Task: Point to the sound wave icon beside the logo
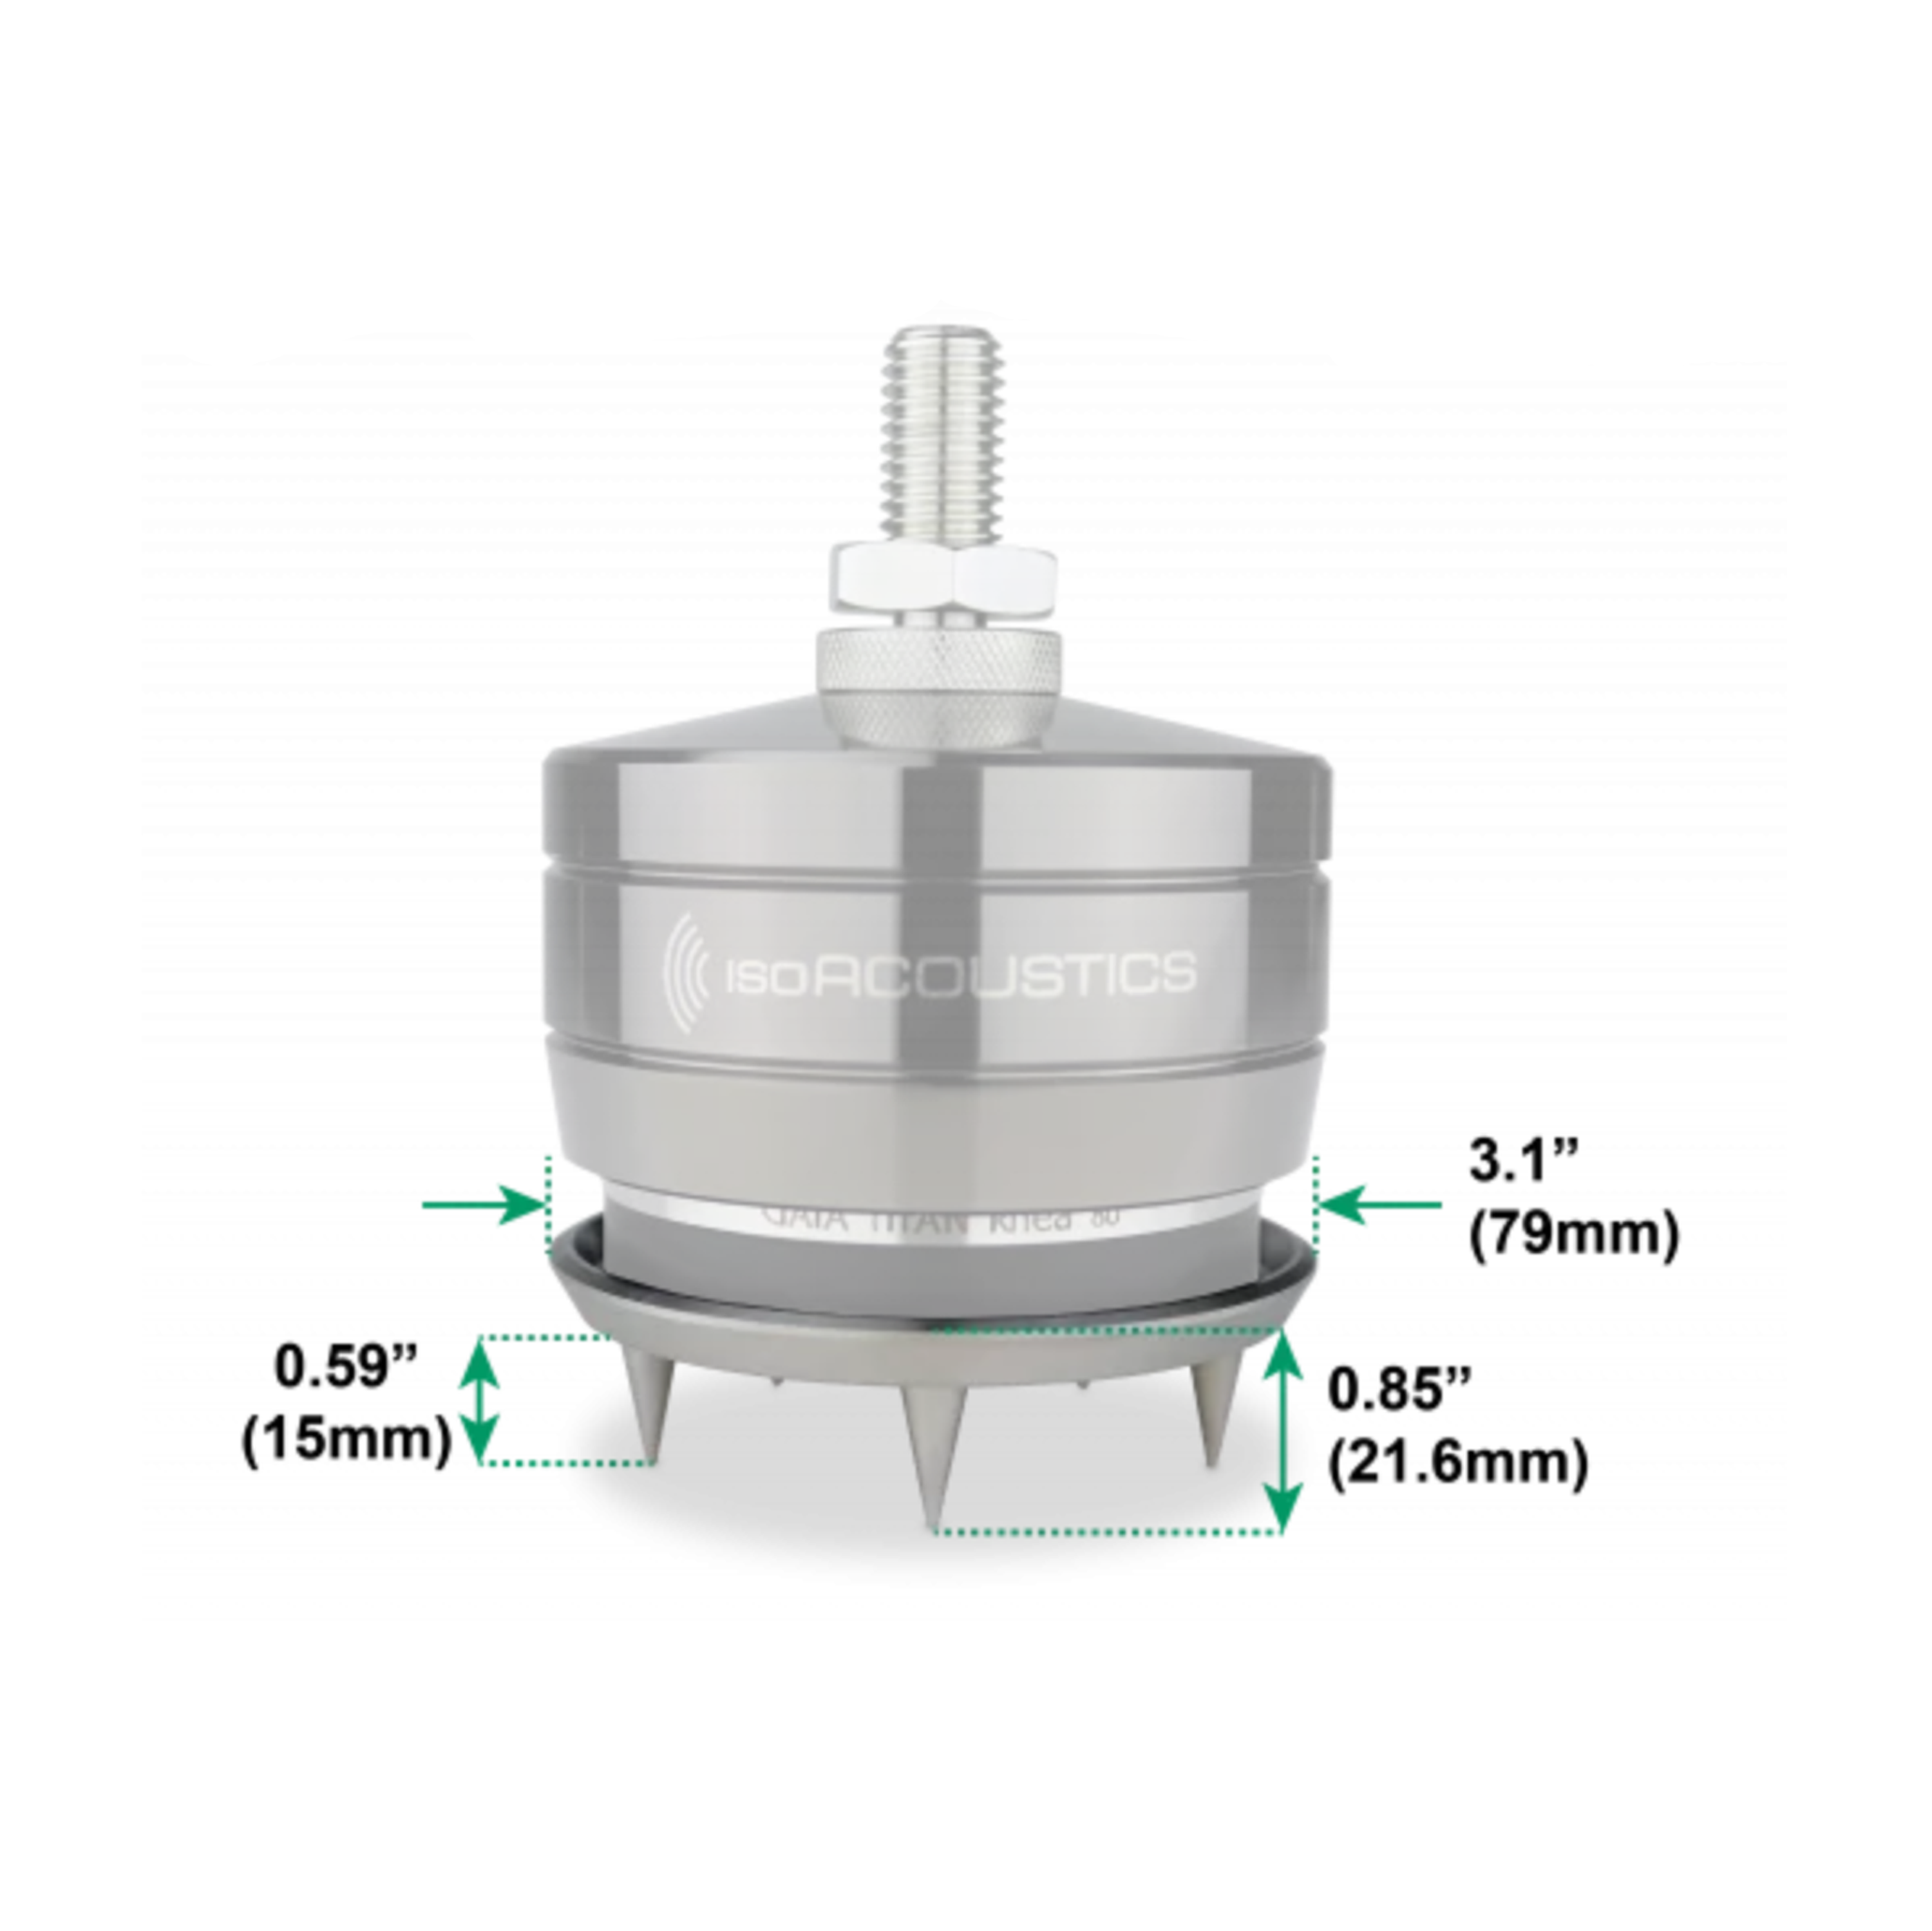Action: [x=688, y=972]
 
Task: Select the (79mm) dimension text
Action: [x=1573, y=1234]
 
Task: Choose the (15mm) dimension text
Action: [x=346, y=1440]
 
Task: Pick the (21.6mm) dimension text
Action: [x=1457, y=1464]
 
